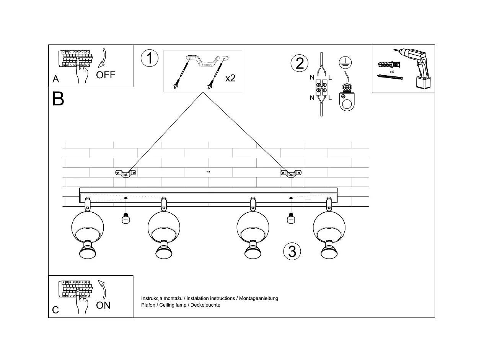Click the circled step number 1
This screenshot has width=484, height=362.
click(x=149, y=58)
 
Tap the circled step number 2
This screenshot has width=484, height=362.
click(x=299, y=63)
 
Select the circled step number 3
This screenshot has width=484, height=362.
click(x=292, y=251)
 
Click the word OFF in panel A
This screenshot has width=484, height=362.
click(x=106, y=75)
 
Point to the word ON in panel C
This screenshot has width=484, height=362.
click(x=103, y=305)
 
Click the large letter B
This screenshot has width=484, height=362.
click(x=58, y=99)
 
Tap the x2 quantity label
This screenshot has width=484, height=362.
click(x=230, y=78)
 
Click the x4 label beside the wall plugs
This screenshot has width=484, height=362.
click(x=392, y=72)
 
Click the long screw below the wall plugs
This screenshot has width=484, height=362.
click(x=390, y=77)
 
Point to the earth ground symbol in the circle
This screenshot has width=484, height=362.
click(x=345, y=62)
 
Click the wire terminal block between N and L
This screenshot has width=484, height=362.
click(x=321, y=87)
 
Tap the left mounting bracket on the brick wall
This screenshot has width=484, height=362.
click(x=126, y=173)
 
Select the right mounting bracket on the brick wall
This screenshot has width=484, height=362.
click(x=291, y=173)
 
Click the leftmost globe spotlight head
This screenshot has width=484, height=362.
click(x=88, y=228)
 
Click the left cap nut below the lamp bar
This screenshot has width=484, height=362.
click(x=125, y=219)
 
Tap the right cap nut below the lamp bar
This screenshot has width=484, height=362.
click(x=291, y=219)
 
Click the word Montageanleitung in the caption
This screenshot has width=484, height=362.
click(x=259, y=298)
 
